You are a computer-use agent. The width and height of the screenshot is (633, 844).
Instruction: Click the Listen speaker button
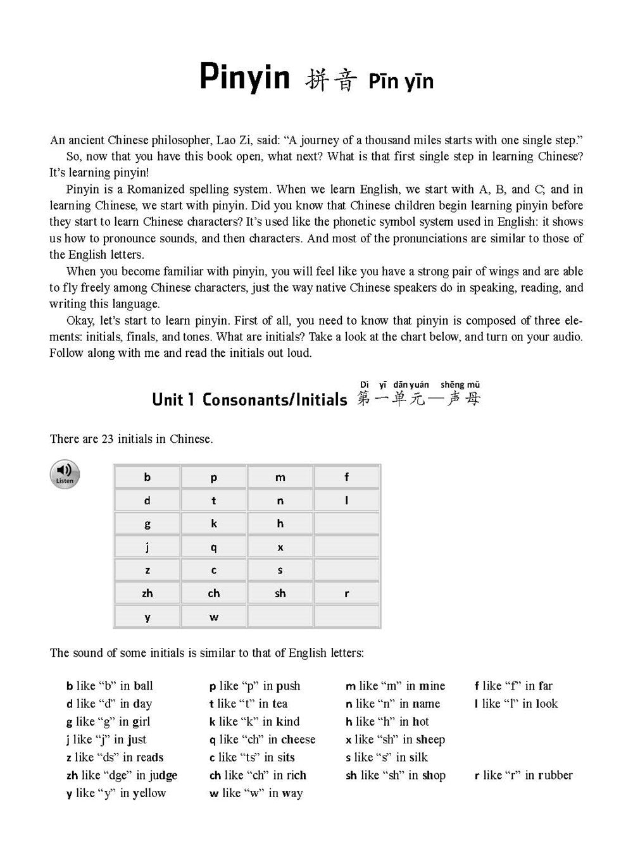click(x=65, y=473)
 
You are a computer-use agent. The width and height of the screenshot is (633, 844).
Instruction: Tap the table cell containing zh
click(x=147, y=593)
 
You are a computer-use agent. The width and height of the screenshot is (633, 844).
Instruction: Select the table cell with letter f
click(x=346, y=477)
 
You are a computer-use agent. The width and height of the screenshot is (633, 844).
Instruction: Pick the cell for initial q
click(x=214, y=547)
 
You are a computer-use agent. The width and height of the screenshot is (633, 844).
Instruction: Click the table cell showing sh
click(x=280, y=593)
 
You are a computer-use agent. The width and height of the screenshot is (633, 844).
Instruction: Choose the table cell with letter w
click(x=214, y=616)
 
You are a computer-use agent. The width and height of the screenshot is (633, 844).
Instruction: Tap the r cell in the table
click(x=346, y=593)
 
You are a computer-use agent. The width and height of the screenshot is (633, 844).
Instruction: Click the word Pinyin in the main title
click(x=244, y=78)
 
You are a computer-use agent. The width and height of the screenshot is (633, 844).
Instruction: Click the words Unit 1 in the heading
click(x=168, y=400)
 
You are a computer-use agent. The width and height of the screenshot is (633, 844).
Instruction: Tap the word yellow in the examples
click(x=149, y=793)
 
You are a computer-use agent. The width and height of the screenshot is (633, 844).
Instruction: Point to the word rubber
click(x=555, y=775)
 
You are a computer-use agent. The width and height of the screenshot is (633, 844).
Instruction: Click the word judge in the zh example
click(x=163, y=776)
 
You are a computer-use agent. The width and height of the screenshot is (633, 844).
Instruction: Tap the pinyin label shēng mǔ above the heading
click(x=460, y=384)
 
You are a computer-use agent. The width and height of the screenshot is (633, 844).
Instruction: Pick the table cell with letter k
click(x=214, y=523)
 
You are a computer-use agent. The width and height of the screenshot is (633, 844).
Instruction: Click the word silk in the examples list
click(x=418, y=757)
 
